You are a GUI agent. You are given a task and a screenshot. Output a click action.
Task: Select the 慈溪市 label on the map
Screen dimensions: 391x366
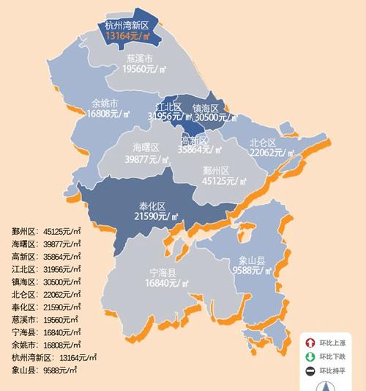[x=139, y=57]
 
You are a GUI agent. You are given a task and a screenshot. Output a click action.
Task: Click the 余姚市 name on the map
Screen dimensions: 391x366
[x=105, y=103]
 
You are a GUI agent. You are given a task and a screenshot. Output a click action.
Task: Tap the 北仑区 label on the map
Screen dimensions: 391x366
[x=263, y=142]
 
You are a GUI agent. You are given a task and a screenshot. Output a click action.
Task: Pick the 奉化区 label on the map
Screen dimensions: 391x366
[x=152, y=205]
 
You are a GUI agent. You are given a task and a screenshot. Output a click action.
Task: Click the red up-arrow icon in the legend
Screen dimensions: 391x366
[x=310, y=342]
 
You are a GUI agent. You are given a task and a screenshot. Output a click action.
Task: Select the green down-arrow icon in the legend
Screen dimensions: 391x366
[x=310, y=357]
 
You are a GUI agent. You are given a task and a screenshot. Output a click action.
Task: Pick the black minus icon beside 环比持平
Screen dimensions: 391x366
[x=310, y=371]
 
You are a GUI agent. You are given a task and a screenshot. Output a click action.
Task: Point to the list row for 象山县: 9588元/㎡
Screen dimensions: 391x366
[x=45, y=370]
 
